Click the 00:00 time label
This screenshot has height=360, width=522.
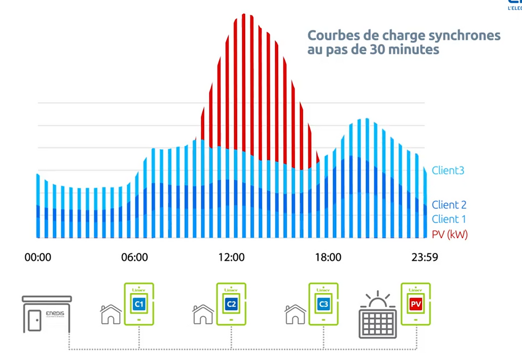pos(38,258)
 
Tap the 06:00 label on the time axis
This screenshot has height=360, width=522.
pos(135,258)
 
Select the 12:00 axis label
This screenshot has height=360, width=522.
pos(231,258)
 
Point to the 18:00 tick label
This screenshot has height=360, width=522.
pos(328,258)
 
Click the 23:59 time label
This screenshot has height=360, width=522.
pos(424,258)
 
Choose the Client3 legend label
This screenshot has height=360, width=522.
pos(448,171)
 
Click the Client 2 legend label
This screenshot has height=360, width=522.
pos(449,205)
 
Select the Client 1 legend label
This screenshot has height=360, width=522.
pos(449,219)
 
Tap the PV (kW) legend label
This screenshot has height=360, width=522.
pos(450,234)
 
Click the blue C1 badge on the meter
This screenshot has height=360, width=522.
pos(138,305)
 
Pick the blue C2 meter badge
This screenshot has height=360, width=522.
pos(231,305)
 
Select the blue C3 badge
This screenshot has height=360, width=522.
pos(323,305)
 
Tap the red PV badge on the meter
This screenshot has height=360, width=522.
pos(415,305)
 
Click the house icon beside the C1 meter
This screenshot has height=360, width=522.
pos(111,314)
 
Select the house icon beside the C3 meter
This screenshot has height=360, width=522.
pos(296,314)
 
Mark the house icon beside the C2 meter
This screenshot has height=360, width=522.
pos(203,314)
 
